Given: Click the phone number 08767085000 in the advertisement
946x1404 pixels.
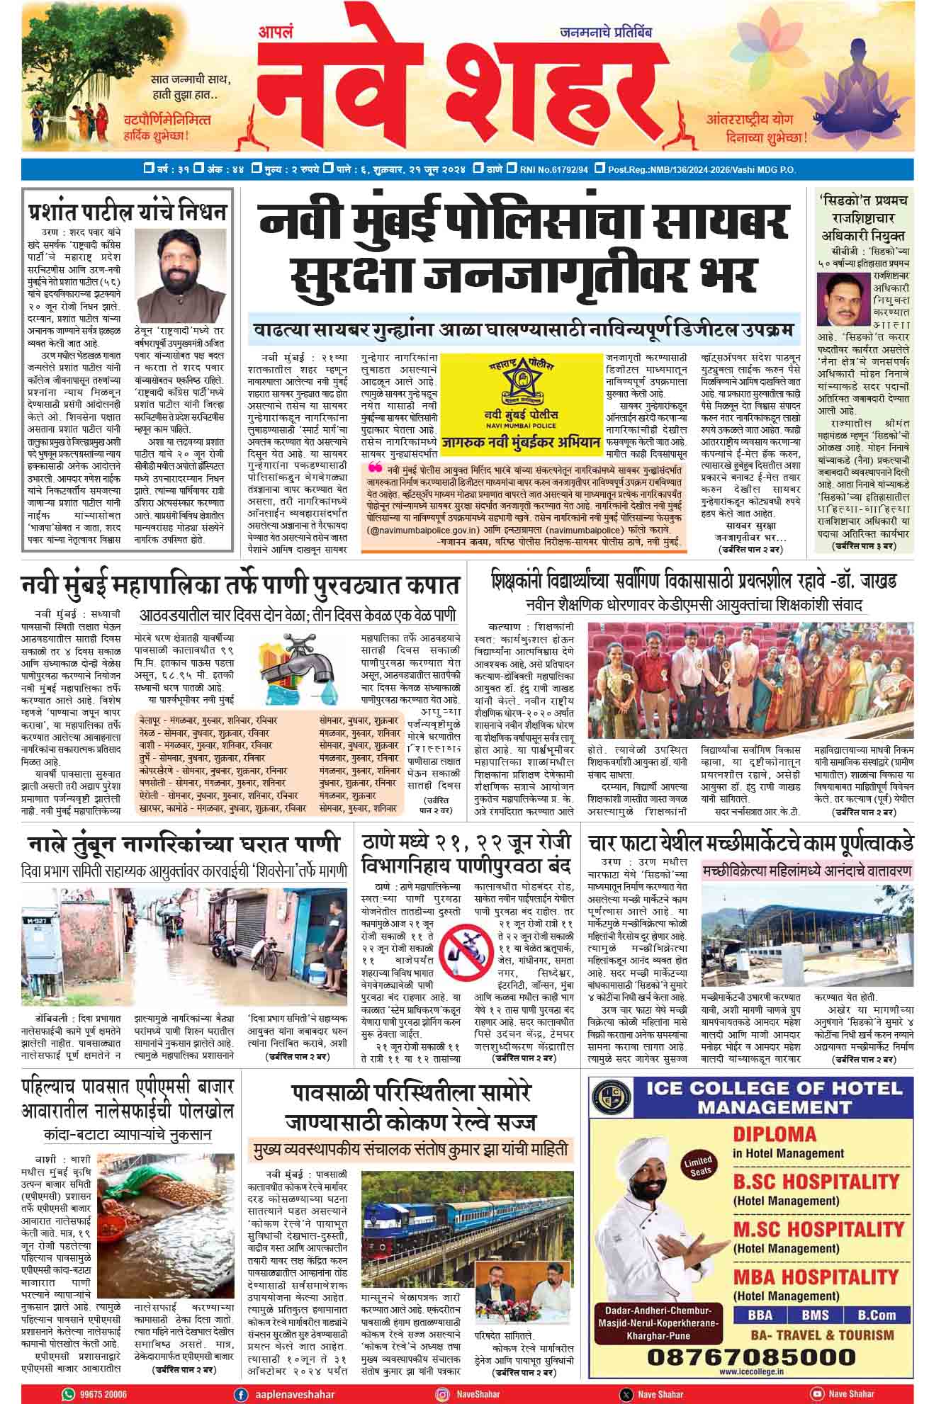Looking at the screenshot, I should coord(752,1357).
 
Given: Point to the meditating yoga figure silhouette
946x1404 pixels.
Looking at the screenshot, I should coord(869,75).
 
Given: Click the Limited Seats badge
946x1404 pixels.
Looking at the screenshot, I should coord(697,1166).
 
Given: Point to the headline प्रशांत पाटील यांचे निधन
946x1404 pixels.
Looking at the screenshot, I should coord(128,212).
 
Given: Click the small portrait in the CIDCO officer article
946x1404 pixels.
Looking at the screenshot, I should coord(843,298).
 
